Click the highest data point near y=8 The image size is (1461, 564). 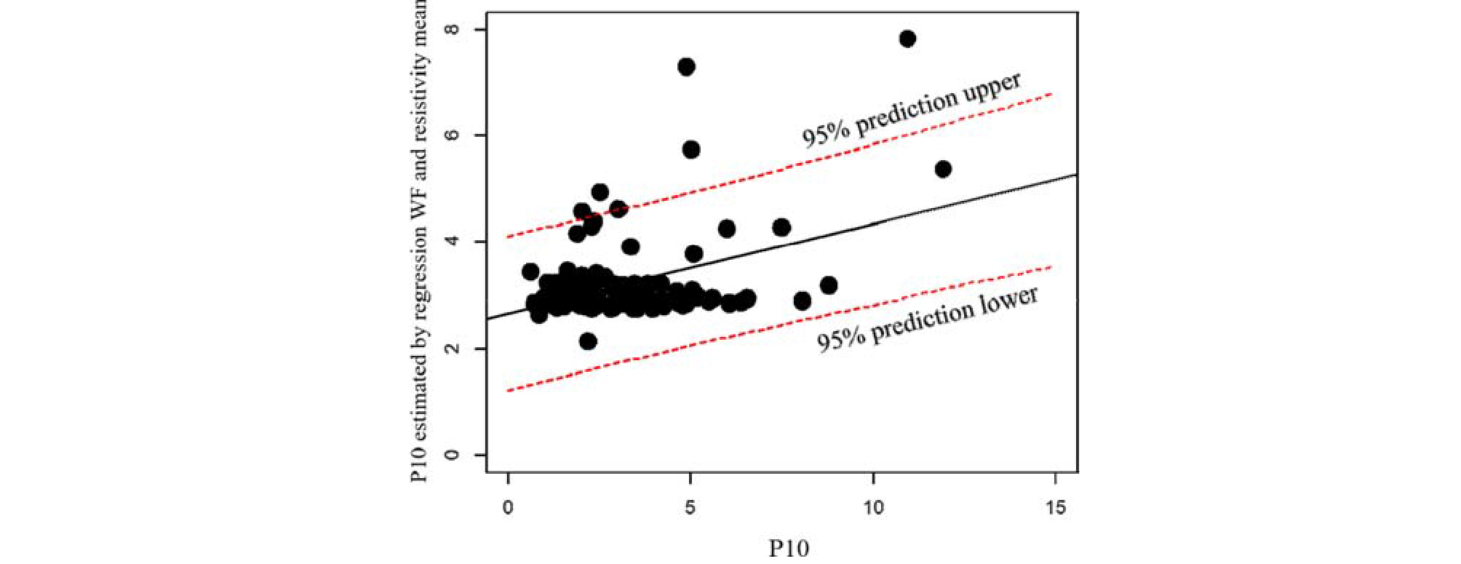click(907, 39)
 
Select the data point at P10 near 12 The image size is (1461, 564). click(943, 169)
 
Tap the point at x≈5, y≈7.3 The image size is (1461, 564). click(686, 67)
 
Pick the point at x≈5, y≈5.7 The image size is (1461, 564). click(691, 149)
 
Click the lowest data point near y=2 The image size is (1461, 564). click(588, 341)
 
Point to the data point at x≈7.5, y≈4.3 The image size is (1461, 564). click(781, 227)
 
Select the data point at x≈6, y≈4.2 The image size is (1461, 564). click(726, 229)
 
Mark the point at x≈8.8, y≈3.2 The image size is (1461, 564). click(828, 285)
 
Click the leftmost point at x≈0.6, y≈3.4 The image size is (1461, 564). click(530, 271)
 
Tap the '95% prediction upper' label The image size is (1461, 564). click(912, 109)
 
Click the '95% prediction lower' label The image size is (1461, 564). click(927, 319)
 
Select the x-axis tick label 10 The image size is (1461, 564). click(873, 508)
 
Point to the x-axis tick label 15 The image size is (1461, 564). click(1056, 508)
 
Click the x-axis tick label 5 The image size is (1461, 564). click(690, 508)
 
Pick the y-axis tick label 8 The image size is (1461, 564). click(453, 29)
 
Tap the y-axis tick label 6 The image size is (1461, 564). click(453, 135)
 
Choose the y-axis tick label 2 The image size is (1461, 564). click(453, 348)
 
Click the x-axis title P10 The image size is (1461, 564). click(789, 548)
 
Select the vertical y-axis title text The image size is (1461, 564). click(420, 240)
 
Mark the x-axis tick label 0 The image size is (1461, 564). click(508, 508)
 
